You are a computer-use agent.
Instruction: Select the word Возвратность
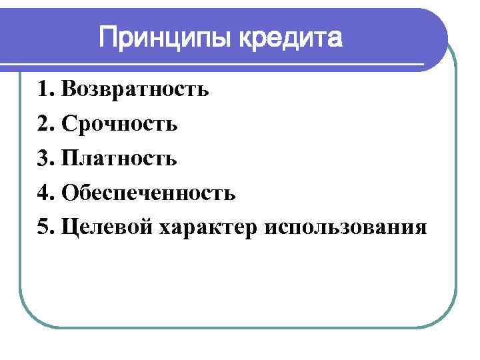[135, 89]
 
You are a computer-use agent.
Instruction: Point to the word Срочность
[119, 123]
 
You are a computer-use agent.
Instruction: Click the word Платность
[119, 158]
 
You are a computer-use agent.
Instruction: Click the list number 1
[44, 89]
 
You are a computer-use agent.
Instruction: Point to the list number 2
[44, 123]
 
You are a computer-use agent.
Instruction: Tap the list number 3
[44, 158]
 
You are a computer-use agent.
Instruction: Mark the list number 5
[44, 227]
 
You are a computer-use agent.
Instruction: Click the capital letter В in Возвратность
[67, 89]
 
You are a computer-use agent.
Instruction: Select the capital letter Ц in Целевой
[68, 227]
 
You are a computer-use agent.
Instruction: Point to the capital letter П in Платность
[69, 158]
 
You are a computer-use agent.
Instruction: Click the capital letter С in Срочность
[67, 123]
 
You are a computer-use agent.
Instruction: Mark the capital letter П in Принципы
[109, 37]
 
